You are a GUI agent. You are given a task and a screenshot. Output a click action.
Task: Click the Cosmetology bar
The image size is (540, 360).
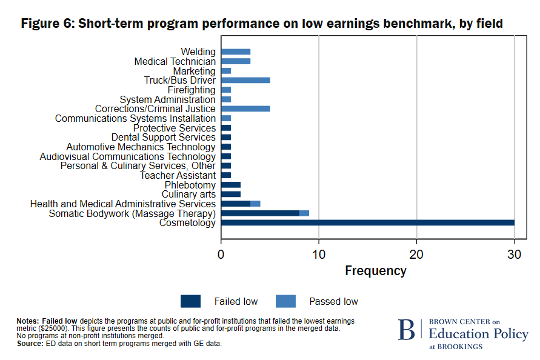click(367, 222)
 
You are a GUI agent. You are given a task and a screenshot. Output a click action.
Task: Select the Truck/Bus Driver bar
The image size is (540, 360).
click(245, 80)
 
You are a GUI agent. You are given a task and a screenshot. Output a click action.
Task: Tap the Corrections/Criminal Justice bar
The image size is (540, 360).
click(245, 108)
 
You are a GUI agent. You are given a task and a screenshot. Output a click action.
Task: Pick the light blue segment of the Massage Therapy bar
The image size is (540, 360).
click(304, 213)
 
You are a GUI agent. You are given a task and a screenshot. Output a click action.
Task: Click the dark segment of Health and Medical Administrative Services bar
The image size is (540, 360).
click(236, 204)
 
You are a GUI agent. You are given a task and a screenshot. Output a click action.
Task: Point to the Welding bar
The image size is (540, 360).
click(236, 52)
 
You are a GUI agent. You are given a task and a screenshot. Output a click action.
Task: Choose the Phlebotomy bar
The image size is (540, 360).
click(231, 185)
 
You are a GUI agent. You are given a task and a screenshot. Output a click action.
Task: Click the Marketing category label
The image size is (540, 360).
click(194, 71)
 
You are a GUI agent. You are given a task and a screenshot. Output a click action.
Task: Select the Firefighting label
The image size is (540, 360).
click(192, 90)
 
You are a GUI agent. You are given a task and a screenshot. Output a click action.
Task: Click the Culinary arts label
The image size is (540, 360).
click(188, 194)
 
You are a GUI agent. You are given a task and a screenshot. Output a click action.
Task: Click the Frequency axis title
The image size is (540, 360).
click(375, 271)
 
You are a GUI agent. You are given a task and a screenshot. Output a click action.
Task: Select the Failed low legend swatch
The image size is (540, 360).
click(190, 301)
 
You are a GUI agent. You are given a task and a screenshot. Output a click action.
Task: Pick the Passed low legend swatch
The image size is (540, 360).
click(285, 301)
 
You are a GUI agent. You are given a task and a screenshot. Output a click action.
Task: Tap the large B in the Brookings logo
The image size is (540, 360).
click(407, 330)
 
